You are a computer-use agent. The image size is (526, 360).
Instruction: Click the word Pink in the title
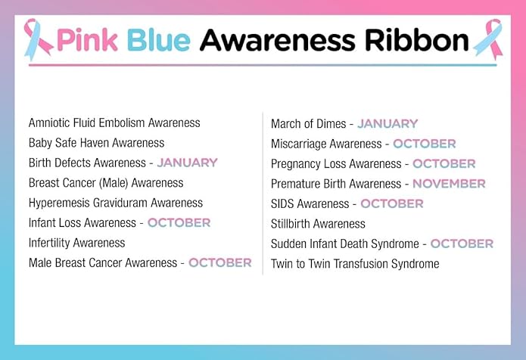(x=86, y=39)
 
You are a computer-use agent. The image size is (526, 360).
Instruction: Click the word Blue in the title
(x=155, y=39)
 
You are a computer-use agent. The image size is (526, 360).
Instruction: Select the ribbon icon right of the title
(x=487, y=39)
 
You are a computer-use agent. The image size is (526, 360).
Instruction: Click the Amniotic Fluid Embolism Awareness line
(x=114, y=123)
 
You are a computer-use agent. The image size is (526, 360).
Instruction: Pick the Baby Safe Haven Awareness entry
(x=96, y=142)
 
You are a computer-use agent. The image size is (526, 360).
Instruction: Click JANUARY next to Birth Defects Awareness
(x=187, y=163)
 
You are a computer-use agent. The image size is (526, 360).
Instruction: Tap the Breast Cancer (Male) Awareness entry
(x=106, y=182)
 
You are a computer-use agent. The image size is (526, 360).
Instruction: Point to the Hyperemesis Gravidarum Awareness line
(x=116, y=203)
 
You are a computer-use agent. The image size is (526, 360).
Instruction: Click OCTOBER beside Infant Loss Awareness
(x=179, y=222)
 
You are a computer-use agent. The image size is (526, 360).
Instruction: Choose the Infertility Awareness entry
(x=76, y=243)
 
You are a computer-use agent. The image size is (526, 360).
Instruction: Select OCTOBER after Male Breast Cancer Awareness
(x=219, y=262)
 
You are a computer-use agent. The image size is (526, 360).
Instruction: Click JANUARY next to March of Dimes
(x=387, y=123)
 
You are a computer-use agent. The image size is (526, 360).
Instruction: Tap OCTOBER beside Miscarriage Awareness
(x=424, y=144)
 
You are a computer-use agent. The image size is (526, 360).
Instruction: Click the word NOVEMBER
(x=449, y=184)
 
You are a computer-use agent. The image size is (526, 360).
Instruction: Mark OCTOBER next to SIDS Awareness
(x=391, y=203)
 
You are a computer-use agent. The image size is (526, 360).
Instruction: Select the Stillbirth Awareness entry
(x=318, y=224)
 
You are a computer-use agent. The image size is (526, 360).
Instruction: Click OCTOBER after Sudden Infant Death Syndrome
(x=462, y=244)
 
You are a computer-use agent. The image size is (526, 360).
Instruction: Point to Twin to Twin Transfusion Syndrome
(x=355, y=264)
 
